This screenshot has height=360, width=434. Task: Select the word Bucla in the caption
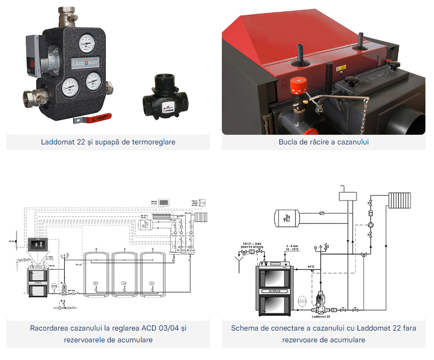pyautogui.click(x=288, y=142)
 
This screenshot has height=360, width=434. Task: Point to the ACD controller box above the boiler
pyautogui.click(x=38, y=244)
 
